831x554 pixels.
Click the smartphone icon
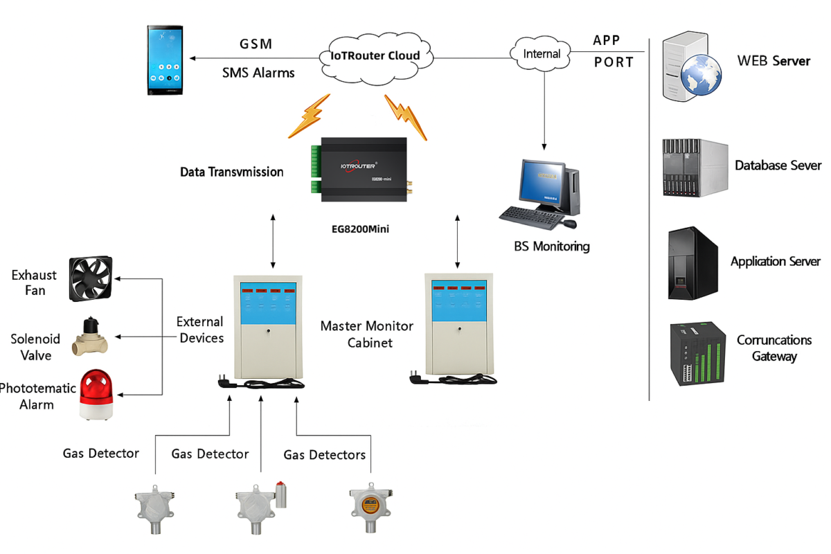pos(166,60)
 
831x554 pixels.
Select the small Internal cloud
pos(542,53)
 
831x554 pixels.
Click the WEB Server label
pos(774,61)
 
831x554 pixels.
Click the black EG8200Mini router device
pos(364,168)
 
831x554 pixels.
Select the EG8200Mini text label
pos(360,226)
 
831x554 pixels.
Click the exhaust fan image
pos(91,278)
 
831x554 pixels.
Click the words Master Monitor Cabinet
pos(366,334)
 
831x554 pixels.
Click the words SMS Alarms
pos(258,72)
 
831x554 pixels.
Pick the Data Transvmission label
pos(231,172)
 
